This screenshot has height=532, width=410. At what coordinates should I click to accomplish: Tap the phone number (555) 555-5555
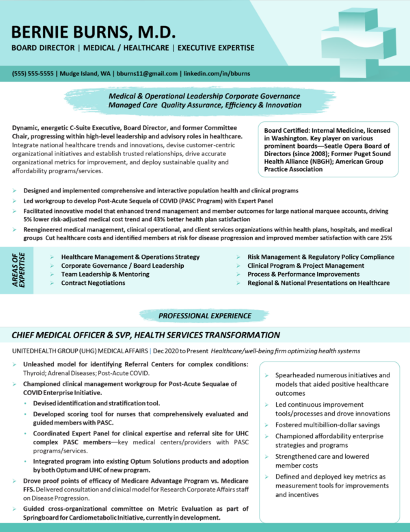[x=33, y=73]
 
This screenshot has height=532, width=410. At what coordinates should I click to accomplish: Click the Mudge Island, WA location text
[x=85, y=73]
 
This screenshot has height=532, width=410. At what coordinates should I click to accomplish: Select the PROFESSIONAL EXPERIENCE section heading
[x=204, y=316]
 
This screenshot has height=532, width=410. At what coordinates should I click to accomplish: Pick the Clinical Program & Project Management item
[x=305, y=265]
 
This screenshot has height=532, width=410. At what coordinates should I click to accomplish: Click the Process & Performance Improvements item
[x=303, y=274]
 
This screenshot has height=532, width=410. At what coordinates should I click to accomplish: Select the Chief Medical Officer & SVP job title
[x=146, y=335]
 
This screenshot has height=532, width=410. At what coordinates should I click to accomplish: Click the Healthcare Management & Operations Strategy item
[x=121, y=256]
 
